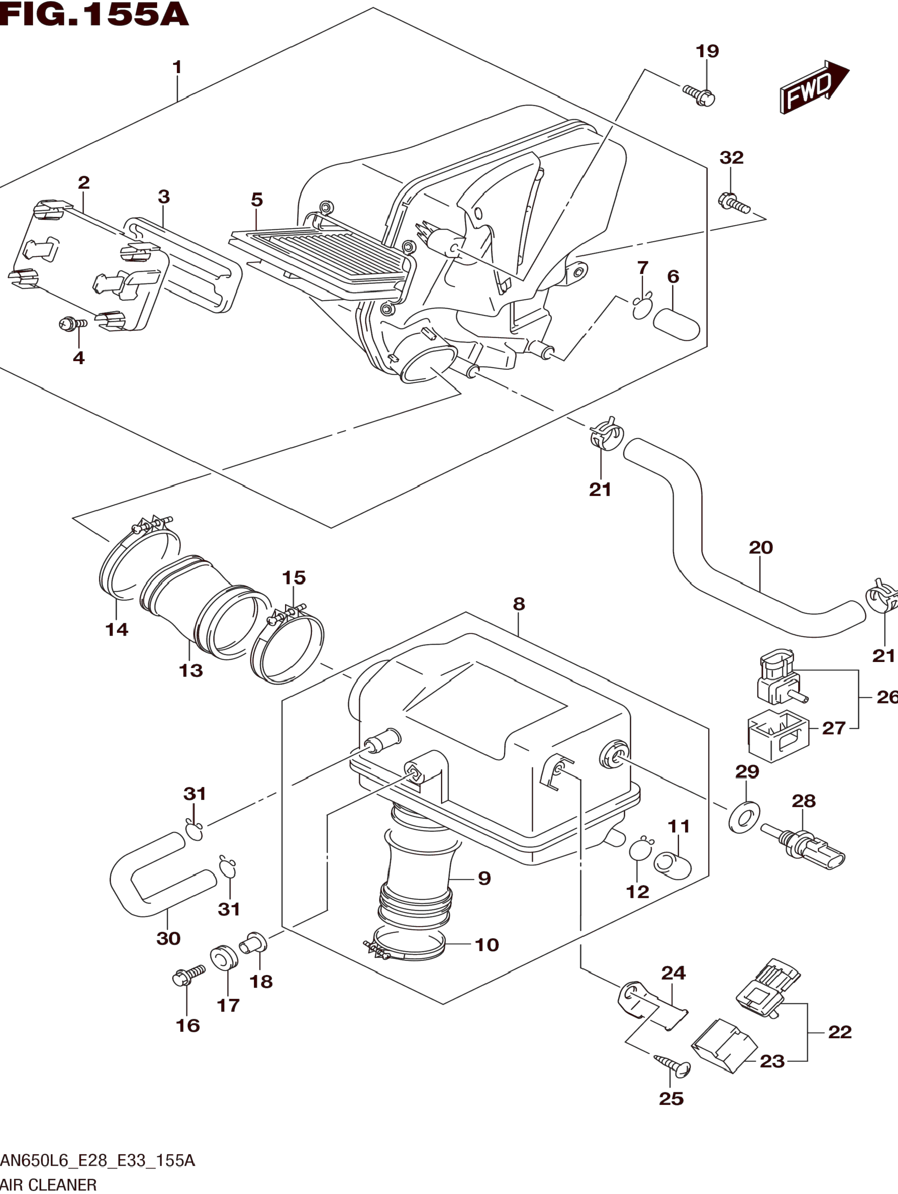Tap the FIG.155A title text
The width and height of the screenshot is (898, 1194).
[95, 15]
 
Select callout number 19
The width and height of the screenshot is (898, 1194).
[707, 51]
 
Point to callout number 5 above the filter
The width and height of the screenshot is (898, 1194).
[257, 200]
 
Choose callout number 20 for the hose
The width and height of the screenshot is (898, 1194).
[761, 547]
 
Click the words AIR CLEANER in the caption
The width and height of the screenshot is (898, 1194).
[49, 1185]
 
